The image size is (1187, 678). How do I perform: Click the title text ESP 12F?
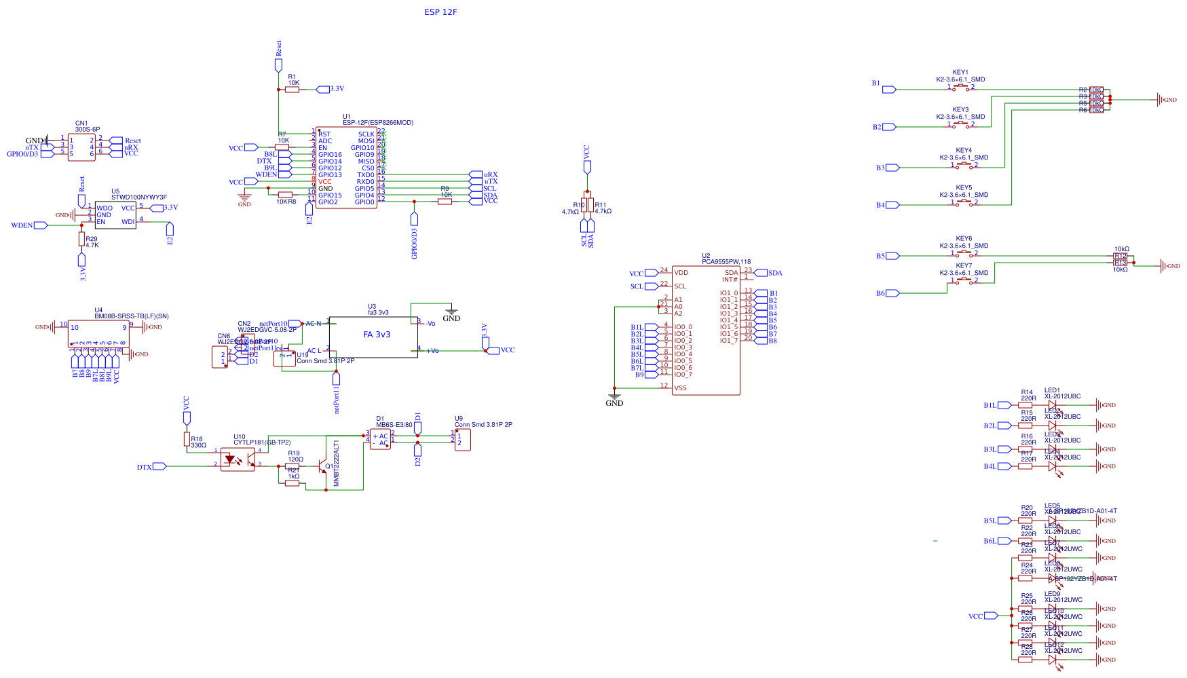[440, 12]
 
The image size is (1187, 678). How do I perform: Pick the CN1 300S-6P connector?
[81, 147]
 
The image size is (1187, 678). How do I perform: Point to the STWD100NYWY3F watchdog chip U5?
[115, 214]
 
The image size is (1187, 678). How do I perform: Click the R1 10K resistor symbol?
[293, 90]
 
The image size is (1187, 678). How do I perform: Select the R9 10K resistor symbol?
[445, 202]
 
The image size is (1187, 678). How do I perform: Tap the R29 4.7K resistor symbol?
[81, 239]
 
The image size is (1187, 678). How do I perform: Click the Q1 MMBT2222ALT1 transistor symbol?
[323, 466]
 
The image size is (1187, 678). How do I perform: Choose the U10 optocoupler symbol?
[238, 459]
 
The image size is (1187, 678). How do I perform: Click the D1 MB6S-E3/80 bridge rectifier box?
[380, 440]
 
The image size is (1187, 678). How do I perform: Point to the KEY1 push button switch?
[960, 88]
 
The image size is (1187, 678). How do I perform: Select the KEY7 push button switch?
[964, 280]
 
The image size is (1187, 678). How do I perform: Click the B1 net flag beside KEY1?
[888, 90]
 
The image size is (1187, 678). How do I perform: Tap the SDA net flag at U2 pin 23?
[761, 273]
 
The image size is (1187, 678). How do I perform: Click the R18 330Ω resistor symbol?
[187, 439]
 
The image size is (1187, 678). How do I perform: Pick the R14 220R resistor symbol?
[1025, 405]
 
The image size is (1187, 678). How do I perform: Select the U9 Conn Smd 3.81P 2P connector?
[462, 439]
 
